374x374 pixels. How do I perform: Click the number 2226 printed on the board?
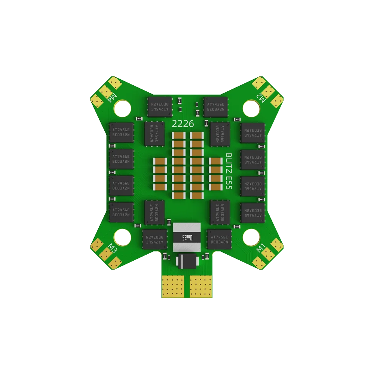[183, 123]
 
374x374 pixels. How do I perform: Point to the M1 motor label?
[260, 247]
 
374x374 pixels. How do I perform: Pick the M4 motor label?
[113, 98]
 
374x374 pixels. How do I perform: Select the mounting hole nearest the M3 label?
[122, 236]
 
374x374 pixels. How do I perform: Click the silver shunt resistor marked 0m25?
[187, 237]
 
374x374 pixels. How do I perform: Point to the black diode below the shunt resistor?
[187, 261]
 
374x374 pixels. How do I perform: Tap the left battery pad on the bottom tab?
[174, 285]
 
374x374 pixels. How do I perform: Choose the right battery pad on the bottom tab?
[201, 285]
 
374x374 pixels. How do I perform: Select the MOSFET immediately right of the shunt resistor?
[219, 239]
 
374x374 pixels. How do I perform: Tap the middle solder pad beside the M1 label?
[268, 254]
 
